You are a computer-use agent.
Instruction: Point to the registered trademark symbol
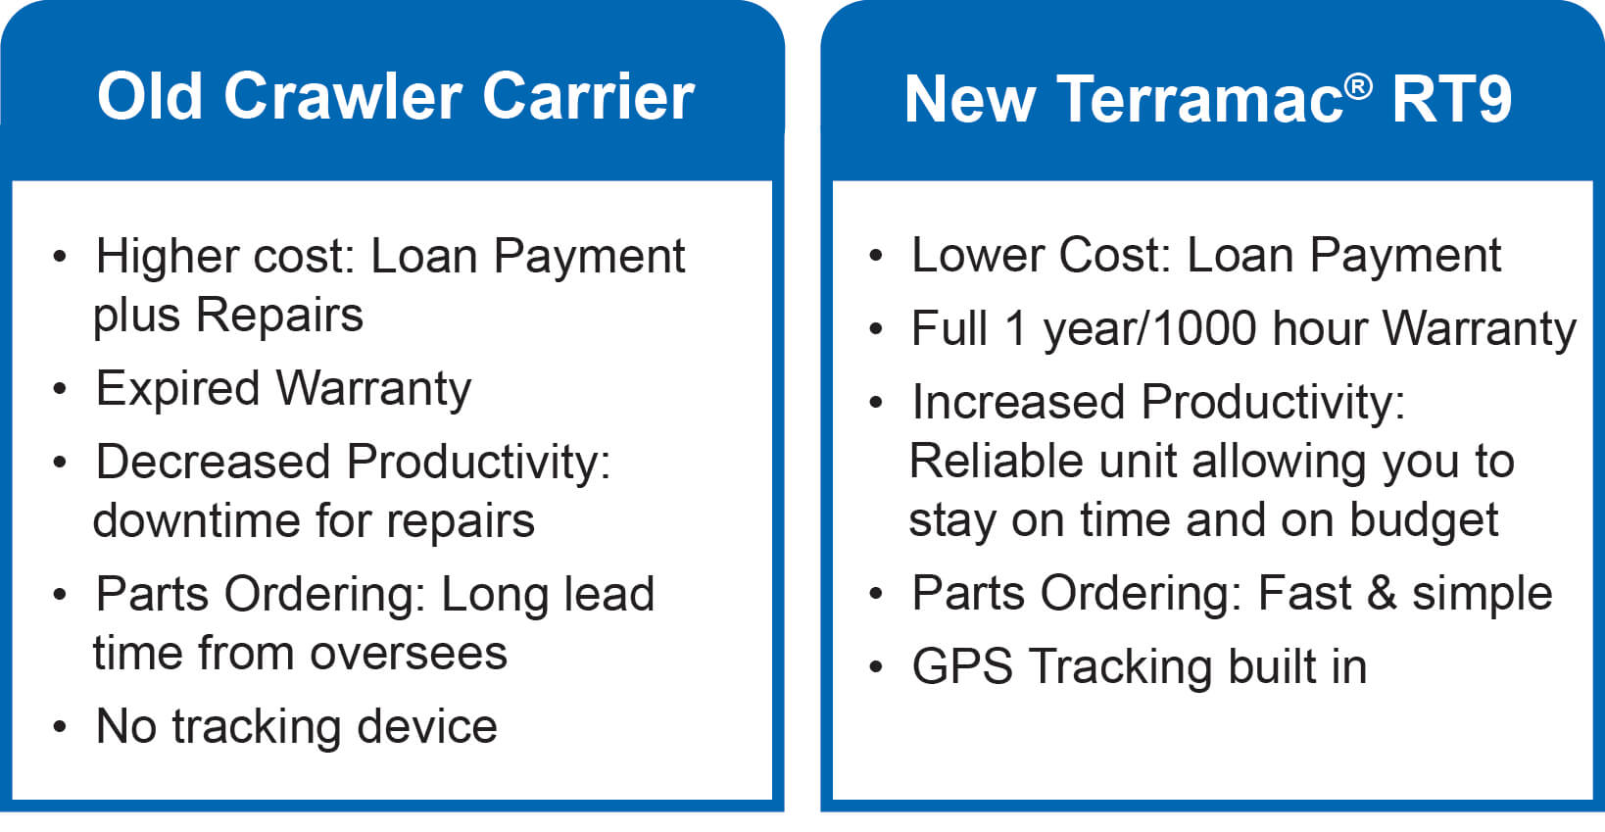pos(1358,86)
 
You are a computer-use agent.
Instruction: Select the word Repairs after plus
pos(279,316)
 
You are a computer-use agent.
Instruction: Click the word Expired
pos(177,388)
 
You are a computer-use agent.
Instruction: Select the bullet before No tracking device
pos(61,727)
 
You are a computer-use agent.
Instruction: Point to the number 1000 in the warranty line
pos(1204,328)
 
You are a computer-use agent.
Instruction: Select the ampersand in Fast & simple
pos(1381,593)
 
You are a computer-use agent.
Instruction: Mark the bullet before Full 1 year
pos(876,329)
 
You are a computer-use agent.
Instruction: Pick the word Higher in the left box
pos(167,257)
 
